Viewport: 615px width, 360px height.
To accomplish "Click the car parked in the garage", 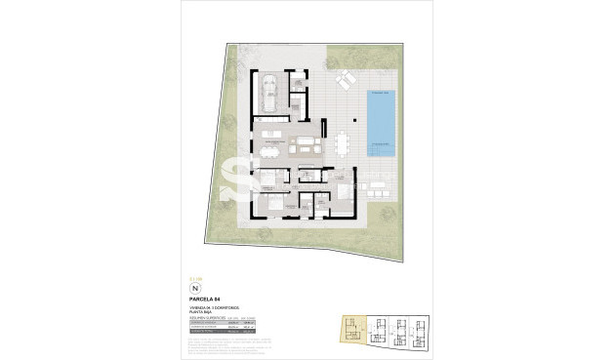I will click(268, 92).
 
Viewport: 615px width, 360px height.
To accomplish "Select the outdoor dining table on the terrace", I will click(341, 145).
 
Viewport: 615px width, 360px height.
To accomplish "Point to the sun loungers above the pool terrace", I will click(344, 81).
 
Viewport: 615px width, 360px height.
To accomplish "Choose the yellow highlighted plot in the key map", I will click(349, 331).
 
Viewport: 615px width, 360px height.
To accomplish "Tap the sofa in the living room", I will click(307, 146).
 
